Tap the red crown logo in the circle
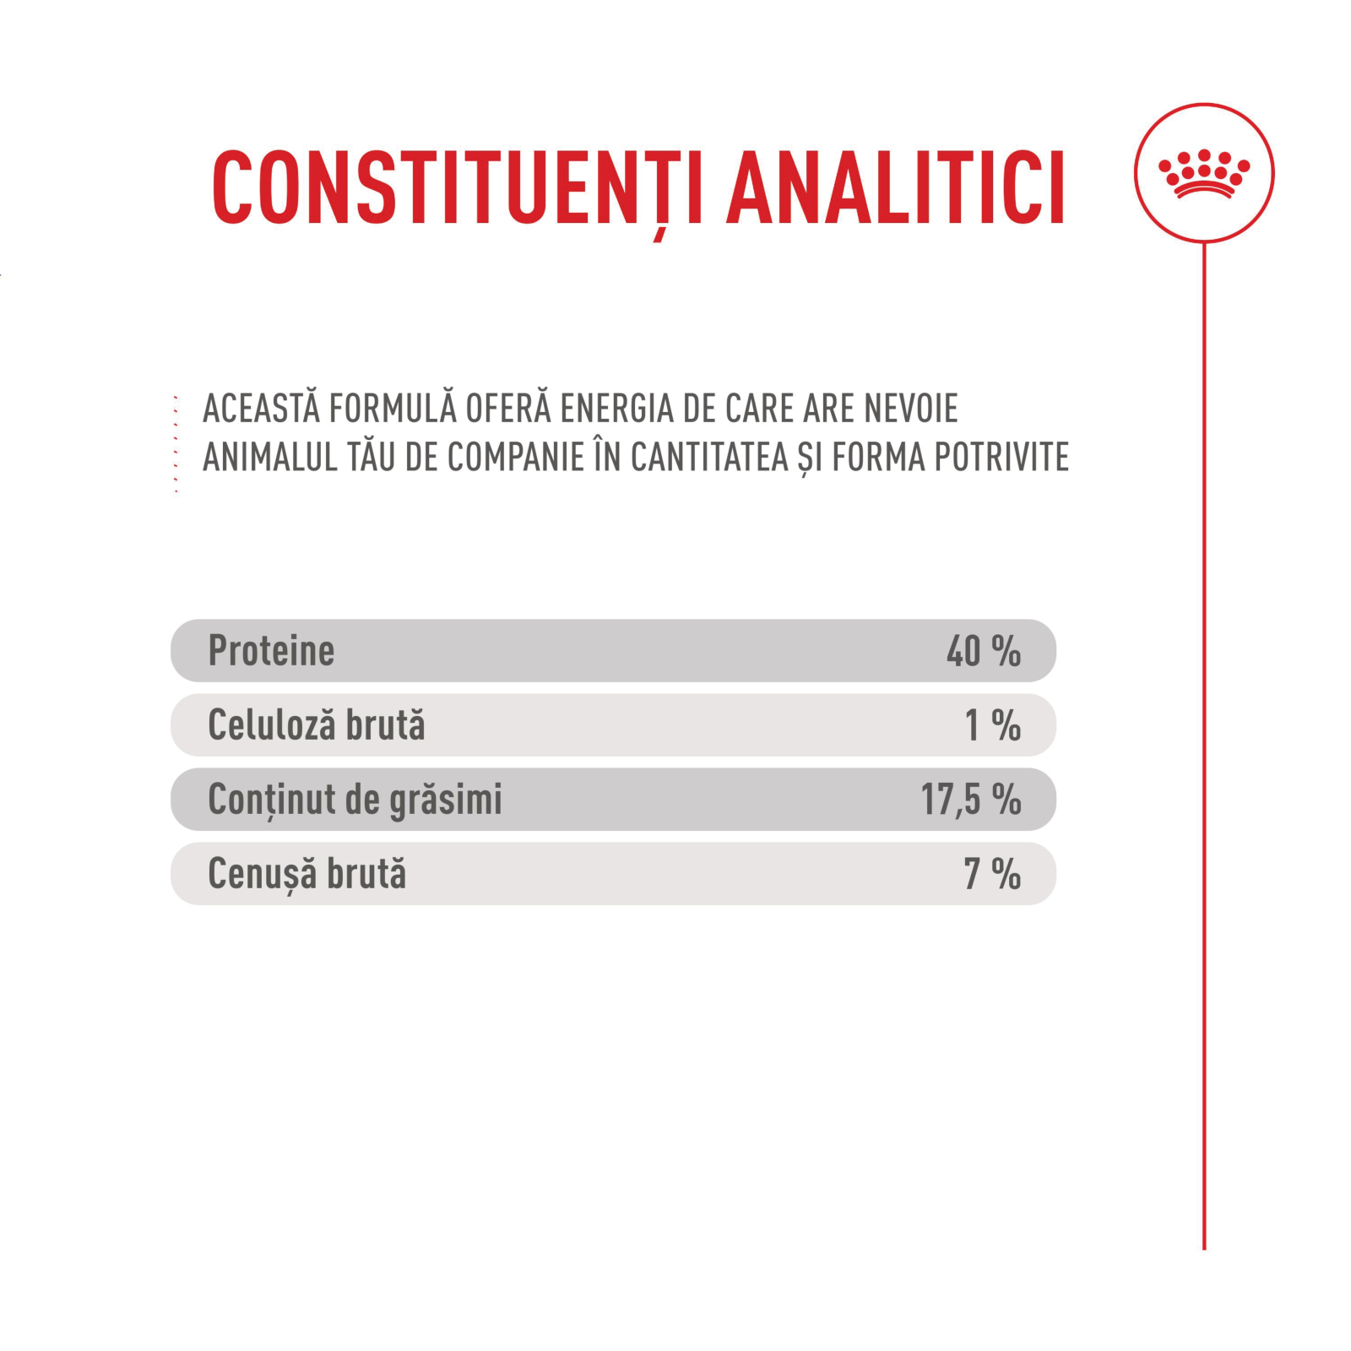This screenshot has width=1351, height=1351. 1203,174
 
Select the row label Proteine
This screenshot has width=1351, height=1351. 271,651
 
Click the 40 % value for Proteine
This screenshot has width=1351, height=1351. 983,651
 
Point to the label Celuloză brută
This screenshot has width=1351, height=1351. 317,725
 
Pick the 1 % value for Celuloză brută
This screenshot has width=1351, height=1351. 992,725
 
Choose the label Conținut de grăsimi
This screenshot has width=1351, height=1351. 355,800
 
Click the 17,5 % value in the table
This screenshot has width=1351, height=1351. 970,800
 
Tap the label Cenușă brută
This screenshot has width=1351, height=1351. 307,874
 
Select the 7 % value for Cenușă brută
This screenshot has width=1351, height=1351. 992,874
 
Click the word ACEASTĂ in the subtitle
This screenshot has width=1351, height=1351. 262,409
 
